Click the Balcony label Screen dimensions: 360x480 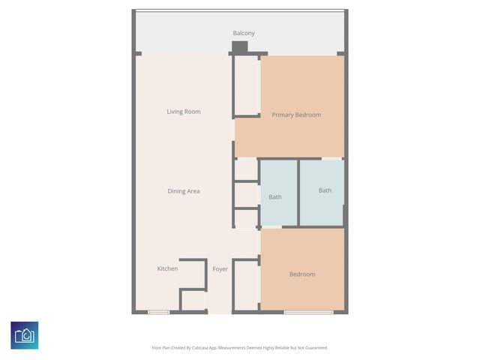[x=244, y=33]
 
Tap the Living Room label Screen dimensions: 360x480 [x=184, y=112]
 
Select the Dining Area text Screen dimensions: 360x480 [x=183, y=191]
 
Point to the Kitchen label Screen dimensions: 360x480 [x=167, y=268]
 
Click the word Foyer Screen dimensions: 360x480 [x=220, y=269]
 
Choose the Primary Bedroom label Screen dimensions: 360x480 [x=296, y=115]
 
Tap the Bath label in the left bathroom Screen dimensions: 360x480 [x=275, y=197]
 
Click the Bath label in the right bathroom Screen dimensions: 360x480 [x=325, y=190]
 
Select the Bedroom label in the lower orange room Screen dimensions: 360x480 [x=302, y=274]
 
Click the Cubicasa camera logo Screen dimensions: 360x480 [x=25, y=335]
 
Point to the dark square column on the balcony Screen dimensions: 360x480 [x=239, y=47]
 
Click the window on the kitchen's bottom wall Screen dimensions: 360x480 [x=158, y=312]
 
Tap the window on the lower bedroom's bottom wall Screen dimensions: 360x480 [x=308, y=312]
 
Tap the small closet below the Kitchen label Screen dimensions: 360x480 [x=193, y=301]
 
